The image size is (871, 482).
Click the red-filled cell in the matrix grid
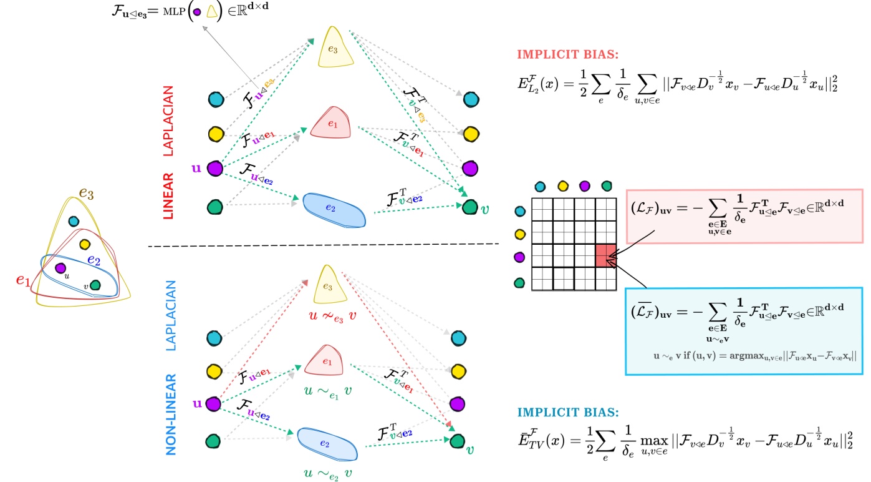pyautogui.click(x=605, y=256)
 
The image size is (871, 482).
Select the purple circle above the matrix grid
pyautogui.click(x=584, y=185)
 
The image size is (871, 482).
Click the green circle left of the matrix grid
pyautogui.click(x=517, y=282)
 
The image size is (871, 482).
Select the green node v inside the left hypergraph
pyautogui.click(x=95, y=285)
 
